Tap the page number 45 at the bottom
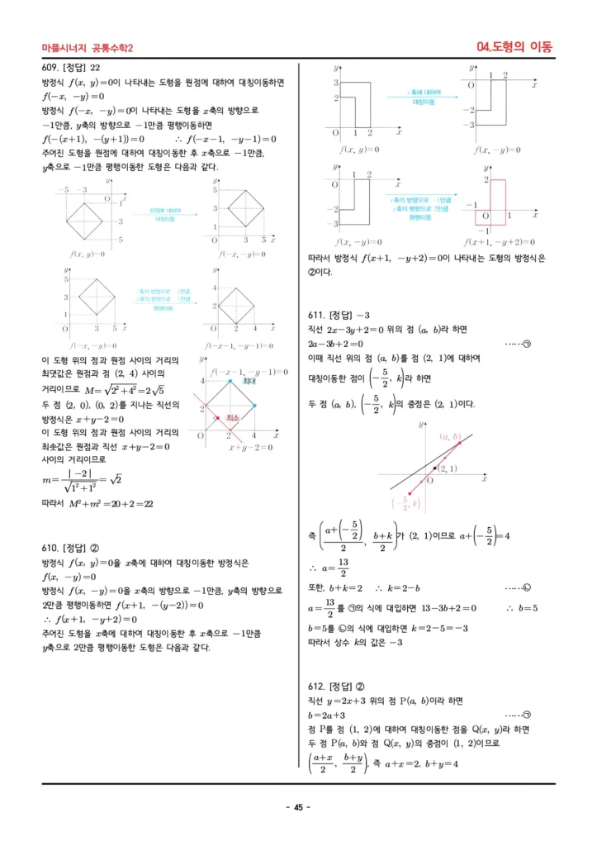pos(298,807)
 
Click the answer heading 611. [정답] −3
pos(338,316)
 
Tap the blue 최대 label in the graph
pos(249,382)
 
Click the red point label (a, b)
pos(451,437)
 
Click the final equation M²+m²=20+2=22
pos(97,503)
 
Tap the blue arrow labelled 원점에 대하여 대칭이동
pos(168,216)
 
